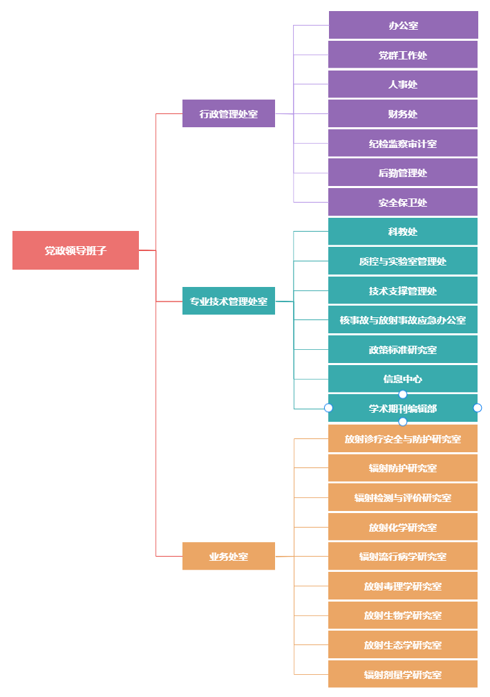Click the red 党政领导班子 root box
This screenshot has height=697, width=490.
[x=75, y=250]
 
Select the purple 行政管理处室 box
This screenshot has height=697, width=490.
[x=229, y=113]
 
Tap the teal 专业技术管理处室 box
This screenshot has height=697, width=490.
[x=229, y=301]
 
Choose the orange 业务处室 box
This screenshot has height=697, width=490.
[x=229, y=556]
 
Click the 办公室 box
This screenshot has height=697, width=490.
[x=403, y=26]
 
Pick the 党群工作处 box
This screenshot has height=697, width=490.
[x=403, y=55]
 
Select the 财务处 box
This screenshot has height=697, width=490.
[x=403, y=114]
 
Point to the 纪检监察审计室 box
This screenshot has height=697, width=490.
[x=403, y=144]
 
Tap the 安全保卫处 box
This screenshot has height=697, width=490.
[x=403, y=203]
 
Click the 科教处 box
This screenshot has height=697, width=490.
[x=403, y=232]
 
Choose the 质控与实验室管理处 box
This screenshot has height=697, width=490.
[x=403, y=261]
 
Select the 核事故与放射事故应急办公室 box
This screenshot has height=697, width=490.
[x=403, y=320]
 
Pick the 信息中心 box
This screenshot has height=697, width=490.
[x=403, y=379]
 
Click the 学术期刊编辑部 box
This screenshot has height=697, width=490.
[x=403, y=409]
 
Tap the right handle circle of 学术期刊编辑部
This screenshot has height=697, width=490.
[x=478, y=408]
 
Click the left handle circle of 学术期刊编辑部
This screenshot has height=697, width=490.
[x=328, y=408]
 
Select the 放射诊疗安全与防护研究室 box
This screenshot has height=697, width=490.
[x=403, y=438]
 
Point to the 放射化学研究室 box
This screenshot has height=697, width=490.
[x=403, y=527]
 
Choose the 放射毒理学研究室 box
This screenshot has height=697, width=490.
[x=403, y=586]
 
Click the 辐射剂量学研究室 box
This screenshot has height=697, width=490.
[x=403, y=674]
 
